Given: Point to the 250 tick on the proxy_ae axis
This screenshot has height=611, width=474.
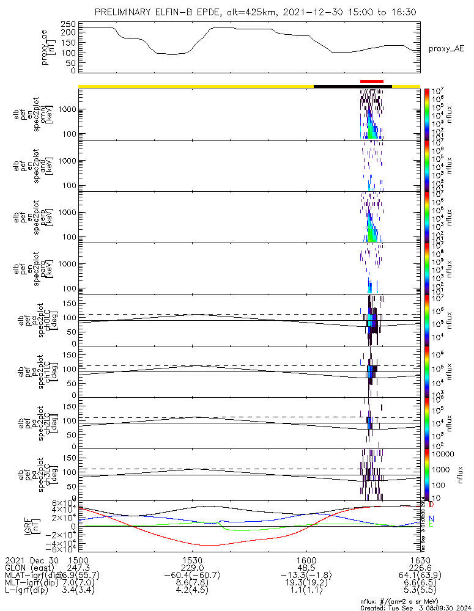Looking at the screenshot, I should tap(69, 24).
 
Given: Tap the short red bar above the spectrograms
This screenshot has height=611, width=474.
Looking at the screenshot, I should tap(372, 81).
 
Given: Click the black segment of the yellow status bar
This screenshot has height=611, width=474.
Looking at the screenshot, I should tap(352, 86).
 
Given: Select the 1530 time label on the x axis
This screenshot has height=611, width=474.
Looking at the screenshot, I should tap(192, 560).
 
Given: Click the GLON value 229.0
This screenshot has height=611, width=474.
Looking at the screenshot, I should tap(192, 568).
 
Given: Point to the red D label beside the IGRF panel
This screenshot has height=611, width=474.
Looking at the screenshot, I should tap(431, 505).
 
